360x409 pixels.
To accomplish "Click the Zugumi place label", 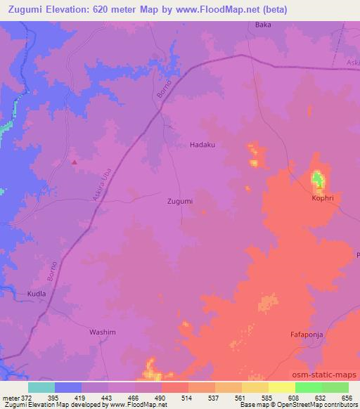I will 180,201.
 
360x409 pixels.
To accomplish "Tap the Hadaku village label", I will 202,145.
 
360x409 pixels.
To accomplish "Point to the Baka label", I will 262,25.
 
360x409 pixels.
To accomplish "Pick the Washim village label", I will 102,332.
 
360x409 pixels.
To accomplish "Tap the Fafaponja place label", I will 307,335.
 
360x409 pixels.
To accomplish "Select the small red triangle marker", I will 75,162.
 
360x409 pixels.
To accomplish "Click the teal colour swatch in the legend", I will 41,387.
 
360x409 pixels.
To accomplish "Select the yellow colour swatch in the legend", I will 281,387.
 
